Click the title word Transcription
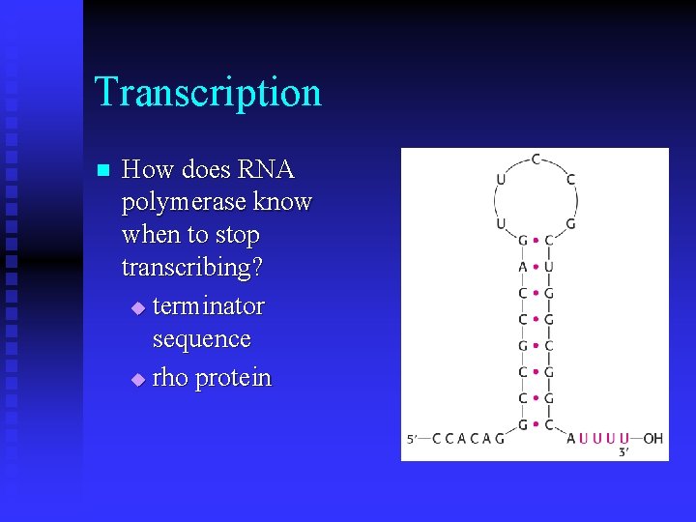point(208,93)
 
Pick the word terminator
point(208,306)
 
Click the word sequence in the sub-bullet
point(201,339)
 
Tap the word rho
point(170,377)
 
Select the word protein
point(233,378)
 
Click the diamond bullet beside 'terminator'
point(137,308)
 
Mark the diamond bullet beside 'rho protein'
point(137,379)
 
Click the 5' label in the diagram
point(413,439)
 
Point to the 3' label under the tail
point(623,450)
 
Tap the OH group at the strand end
point(652,438)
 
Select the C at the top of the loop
point(536,159)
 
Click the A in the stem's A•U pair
point(523,267)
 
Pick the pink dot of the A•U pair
point(536,267)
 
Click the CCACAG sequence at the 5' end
point(468,438)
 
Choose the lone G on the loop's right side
point(570,223)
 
